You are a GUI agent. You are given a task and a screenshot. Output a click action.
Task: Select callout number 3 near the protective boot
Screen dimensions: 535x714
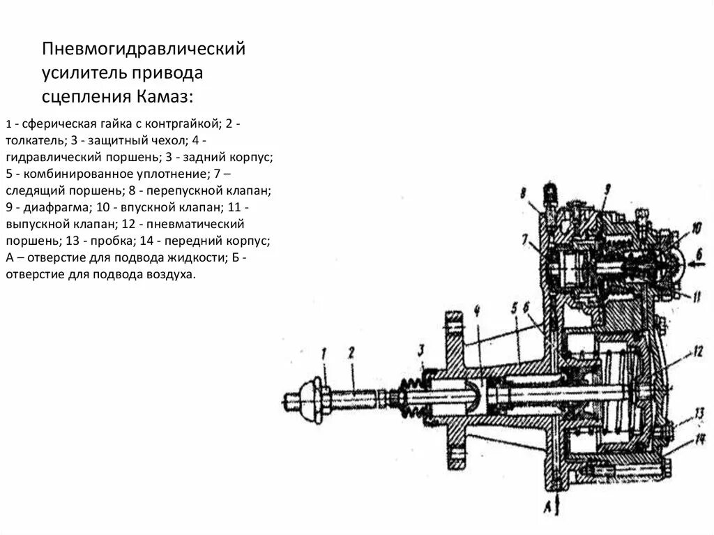click(423, 349)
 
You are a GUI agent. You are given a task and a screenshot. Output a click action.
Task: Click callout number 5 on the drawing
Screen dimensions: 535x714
click(514, 307)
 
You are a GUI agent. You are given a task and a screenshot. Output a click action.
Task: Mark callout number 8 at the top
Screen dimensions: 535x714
click(522, 193)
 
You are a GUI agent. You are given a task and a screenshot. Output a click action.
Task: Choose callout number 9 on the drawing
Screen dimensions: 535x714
click(607, 188)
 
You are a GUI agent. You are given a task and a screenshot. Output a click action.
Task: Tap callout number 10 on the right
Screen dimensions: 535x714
click(697, 226)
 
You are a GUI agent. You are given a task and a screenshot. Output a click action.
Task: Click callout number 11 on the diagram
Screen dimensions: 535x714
click(697, 295)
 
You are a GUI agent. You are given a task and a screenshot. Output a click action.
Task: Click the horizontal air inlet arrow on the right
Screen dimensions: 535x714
click(697, 264)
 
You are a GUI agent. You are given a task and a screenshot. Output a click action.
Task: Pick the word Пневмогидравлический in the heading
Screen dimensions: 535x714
click(144, 50)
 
